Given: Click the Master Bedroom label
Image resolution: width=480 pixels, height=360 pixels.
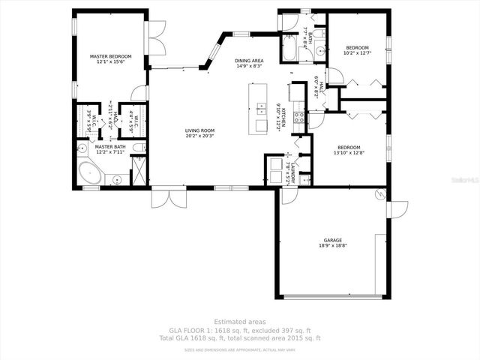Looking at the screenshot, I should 110,59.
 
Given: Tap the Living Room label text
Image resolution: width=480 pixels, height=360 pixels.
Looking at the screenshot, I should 200,133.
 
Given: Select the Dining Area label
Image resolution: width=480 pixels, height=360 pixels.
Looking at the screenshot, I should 249,63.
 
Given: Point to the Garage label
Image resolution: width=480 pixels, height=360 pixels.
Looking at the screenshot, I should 333,242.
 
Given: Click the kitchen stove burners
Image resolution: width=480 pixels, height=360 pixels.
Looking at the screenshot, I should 298,117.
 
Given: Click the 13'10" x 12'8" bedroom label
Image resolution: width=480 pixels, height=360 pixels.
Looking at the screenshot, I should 349,150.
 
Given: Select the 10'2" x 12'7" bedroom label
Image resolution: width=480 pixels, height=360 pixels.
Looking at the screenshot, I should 357,50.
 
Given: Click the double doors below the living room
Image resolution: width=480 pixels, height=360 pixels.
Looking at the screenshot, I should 163,198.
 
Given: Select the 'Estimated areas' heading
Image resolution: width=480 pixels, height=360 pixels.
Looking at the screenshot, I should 239,322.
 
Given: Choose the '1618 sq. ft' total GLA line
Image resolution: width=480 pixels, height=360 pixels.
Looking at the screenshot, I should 239,338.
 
